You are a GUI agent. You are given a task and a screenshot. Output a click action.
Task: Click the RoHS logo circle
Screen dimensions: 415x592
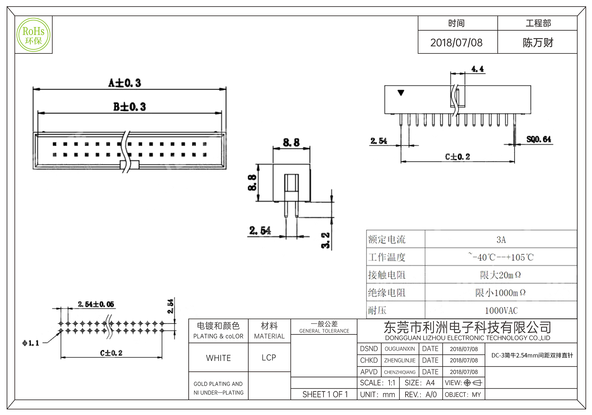tap(33, 35)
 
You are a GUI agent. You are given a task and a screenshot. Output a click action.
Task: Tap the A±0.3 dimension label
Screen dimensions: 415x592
tap(125, 83)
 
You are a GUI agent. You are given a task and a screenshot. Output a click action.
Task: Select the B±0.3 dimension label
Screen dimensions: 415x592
tap(129, 107)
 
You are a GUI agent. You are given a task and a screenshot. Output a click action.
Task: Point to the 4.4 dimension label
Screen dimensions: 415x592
tap(477, 69)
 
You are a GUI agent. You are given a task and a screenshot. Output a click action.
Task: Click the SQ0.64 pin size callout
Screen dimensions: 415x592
tap(538, 139)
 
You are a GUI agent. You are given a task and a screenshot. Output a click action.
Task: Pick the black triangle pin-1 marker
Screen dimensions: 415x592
tap(401, 93)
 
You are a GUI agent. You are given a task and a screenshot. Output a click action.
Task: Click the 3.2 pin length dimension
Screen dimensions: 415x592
tap(325, 240)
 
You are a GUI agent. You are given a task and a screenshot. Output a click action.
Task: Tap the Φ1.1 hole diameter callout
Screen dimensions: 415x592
tap(31, 343)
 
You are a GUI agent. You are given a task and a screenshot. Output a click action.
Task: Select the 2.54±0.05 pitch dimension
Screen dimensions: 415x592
tap(96, 304)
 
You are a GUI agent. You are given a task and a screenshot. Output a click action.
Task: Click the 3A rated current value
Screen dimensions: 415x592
tap(501, 240)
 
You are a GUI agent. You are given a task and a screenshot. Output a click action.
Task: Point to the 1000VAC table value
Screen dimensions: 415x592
tap(501, 310)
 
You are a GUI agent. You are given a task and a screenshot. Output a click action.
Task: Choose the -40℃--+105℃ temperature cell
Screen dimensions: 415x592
tap(501, 257)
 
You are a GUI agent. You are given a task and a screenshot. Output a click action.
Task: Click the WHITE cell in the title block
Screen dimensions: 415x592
tap(218, 358)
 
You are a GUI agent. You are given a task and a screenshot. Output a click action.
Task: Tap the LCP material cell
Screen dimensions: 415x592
tap(269, 358)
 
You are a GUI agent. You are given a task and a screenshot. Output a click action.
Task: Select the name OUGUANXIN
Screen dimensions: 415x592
tap(400, 349)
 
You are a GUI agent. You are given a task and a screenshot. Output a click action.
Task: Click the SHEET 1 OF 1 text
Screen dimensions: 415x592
tap(325, 395)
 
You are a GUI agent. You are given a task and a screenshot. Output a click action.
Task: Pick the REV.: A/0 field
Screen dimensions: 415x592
tap(420, 395)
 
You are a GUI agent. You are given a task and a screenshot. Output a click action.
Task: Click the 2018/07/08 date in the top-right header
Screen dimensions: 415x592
tap(456, 43)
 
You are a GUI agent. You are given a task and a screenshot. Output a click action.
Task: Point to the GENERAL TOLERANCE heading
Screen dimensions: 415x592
tap(324, 331)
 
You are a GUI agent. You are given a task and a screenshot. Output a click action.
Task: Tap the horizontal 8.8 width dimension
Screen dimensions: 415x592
tap(291, 142)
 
